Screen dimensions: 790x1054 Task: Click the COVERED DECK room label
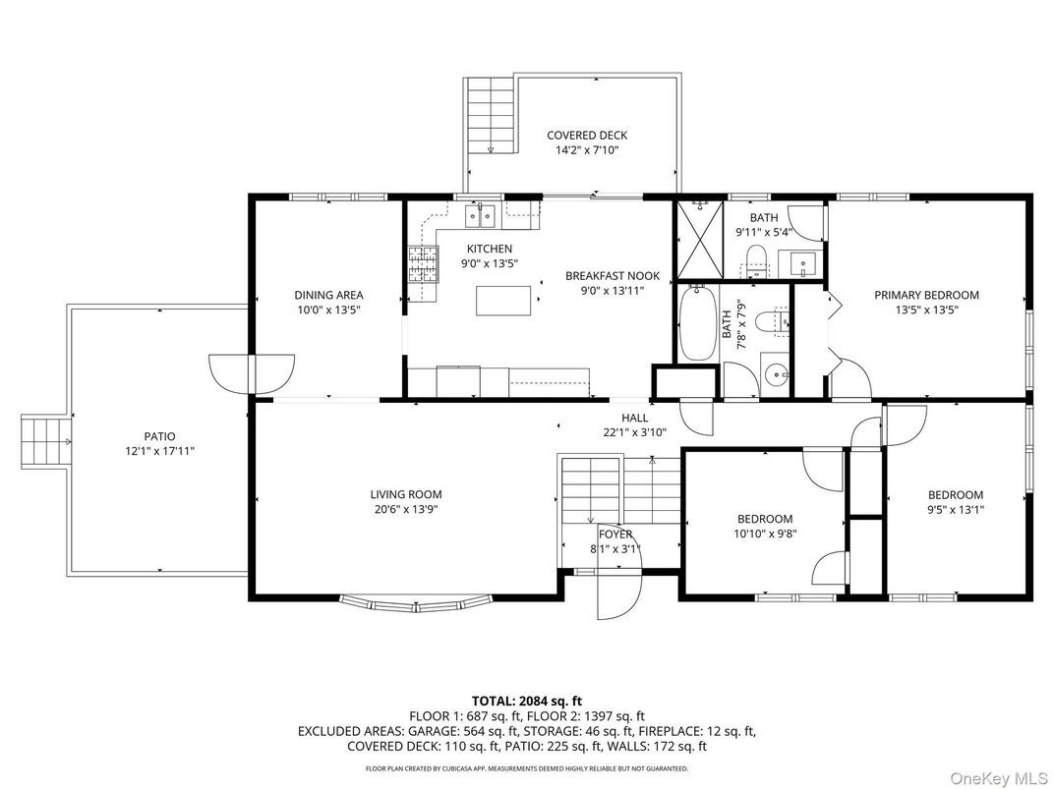587,136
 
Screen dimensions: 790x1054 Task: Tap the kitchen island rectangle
509,300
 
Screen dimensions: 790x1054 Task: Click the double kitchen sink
481,213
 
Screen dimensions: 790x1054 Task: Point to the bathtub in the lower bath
697,323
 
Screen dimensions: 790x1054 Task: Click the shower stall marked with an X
700,240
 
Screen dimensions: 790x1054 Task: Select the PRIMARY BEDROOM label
927,295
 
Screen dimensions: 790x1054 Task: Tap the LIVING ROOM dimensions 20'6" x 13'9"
406,510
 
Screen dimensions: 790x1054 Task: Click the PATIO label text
158,436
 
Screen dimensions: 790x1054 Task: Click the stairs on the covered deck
491,114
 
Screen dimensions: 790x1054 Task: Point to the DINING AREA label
328,295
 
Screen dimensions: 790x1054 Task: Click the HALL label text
634,418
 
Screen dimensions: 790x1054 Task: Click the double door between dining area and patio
251,373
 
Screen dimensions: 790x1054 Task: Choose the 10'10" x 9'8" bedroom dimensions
765,534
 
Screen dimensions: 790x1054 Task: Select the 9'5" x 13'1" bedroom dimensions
956,510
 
